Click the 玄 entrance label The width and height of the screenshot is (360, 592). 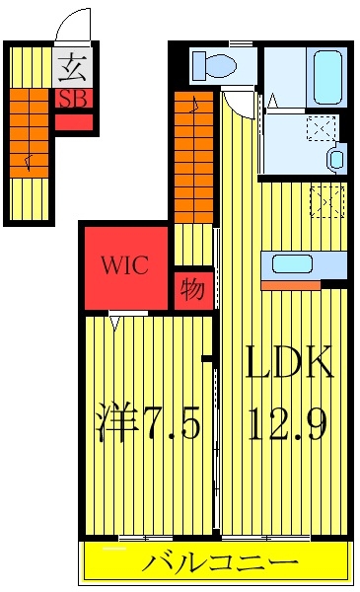point(72,68)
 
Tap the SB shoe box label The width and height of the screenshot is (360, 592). point(74,99)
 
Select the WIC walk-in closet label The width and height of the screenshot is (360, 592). point(124,264)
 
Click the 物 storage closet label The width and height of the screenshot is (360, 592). point(192,290)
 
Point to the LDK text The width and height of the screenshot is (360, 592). point(289,362)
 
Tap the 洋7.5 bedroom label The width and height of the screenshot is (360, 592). point(147,421)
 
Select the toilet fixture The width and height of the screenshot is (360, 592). point(214,64)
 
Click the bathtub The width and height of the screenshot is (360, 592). point(327,77)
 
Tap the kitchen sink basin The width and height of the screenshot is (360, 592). point(293,263)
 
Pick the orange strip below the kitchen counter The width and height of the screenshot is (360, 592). point(291,285)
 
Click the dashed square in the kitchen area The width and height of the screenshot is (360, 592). point(327,201)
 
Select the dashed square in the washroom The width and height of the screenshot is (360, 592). point(322,128)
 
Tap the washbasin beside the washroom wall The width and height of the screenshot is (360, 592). point(337,159)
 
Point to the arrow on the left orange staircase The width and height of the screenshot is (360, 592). point(28,163)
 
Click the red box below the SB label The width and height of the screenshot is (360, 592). point(74,122)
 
